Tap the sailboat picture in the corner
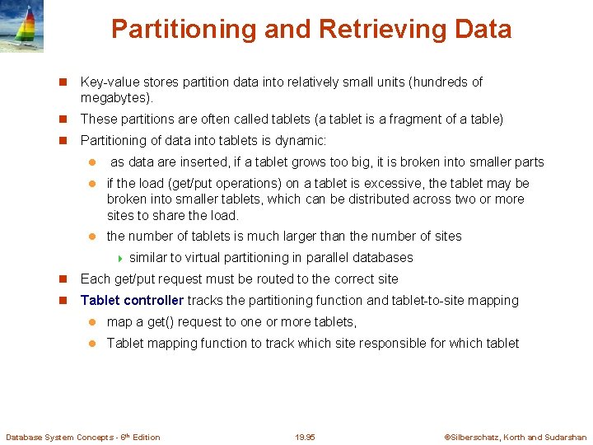pos(22,26)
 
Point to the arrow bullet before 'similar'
pos(120,258)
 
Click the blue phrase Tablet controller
pos(132,301)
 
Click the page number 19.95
pos(305,438)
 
